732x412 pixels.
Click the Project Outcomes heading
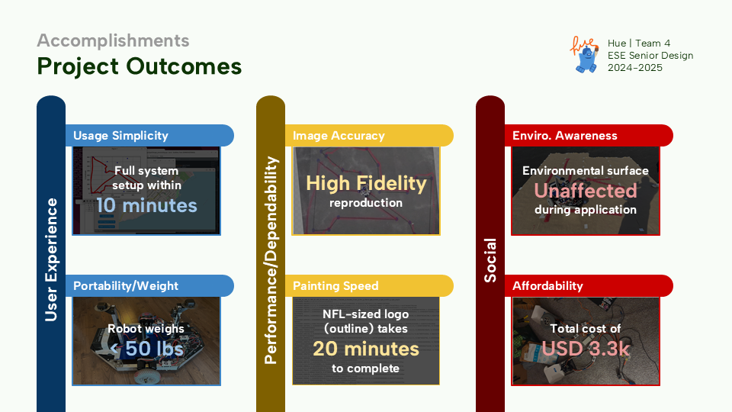139,66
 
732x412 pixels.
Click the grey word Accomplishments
113,40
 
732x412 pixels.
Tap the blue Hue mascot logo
585,55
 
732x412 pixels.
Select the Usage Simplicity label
120,136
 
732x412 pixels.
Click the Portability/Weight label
126,286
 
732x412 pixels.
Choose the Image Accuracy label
339,136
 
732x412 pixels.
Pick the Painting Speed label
335,286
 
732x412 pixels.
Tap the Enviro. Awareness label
564,136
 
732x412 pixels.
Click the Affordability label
547,286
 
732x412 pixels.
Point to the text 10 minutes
146,205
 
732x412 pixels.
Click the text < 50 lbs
146,349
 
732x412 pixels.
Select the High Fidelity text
366,184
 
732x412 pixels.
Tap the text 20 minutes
366,349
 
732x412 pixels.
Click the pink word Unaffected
586,191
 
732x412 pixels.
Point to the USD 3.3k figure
586,349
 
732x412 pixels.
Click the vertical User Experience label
51,259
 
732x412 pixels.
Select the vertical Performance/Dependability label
271,260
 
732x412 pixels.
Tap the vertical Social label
490,260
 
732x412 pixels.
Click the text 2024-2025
635,68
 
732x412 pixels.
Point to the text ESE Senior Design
650,56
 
